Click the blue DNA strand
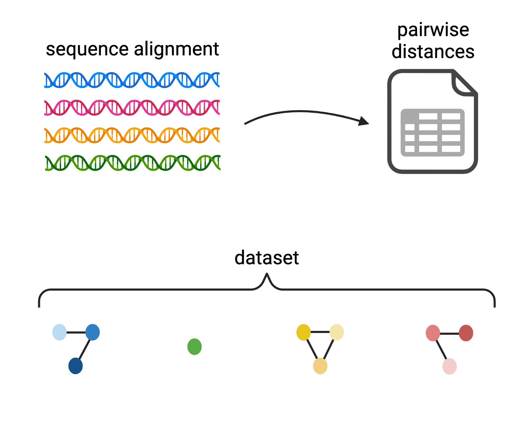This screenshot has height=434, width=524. click(x=132, y=80)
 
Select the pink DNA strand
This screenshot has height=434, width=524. click(x=132, y=107)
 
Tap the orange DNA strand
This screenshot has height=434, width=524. click(x=132, y=135)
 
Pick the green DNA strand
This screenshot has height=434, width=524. click(x=132, y=163)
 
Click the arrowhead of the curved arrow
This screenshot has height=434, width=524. click(x=364, y=121)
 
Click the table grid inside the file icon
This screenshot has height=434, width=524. click(x=432, y=132)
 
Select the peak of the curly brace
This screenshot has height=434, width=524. click(x=267, y=275)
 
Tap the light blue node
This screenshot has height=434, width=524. click(x=59, y=332)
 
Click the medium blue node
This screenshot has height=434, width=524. click(x=93, y=332)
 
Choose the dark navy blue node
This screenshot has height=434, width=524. click(x=75, y=366)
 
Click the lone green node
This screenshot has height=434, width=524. click(x=195, y=346)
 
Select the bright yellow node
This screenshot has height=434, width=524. click(x=304, y=332)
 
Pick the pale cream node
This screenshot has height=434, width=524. click(x=337, y=332)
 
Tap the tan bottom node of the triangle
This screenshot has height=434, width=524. click(x=320, y=366)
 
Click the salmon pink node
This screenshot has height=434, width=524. click(x=433, y=333)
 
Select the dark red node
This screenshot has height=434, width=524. click(x=466, y=333)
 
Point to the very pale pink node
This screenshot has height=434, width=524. click(x=450, y=366)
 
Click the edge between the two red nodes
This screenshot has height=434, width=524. click(x=449, y=333)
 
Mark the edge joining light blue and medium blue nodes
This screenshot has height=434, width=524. click(x=76, y=332)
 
